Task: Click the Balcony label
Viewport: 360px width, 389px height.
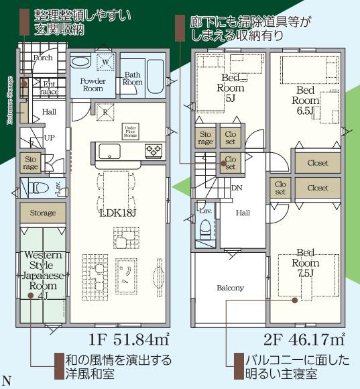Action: pyautogui.click(x=230, y=288)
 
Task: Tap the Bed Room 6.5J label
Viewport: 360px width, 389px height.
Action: pyautogui.click(x=305, y=100)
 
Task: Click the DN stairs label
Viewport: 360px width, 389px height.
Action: pyautogui.click(x=237, y=187)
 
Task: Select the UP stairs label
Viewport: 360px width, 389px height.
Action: pyautogui.click(x=49, y=137)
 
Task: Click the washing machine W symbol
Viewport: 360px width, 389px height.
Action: pyautogui.click(x=106, y=62)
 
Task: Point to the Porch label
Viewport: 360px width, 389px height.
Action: pyautogui.click(x=43, y=58)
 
